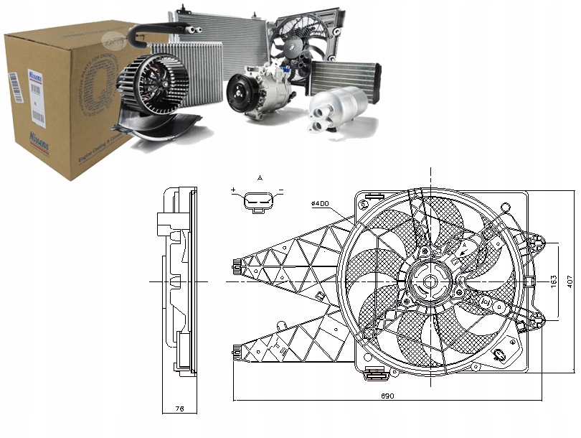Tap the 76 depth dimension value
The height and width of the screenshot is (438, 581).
[179, 409]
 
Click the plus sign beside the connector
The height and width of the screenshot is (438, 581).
[234, 191]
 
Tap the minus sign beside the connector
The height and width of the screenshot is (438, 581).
[280, 191]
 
